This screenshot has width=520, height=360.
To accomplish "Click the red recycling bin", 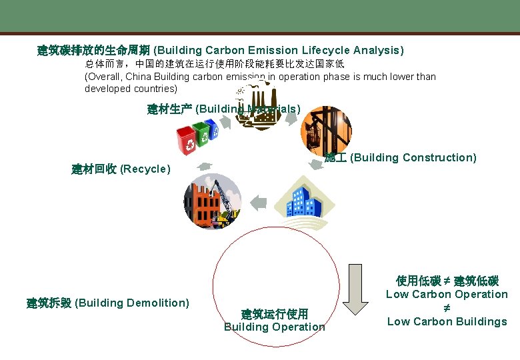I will click(185, 139).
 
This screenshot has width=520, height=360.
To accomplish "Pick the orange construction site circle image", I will click(325, 129).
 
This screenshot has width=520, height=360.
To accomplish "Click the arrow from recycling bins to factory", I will click(226, 122).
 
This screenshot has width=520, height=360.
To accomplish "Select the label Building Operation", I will click(274, 327).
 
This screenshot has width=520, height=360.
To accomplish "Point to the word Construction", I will click(439, 158).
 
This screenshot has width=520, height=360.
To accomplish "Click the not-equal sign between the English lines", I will click(447, 308).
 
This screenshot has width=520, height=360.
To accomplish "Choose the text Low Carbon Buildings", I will click(447, 322).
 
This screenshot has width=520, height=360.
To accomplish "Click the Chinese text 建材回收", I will click(94, 169).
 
